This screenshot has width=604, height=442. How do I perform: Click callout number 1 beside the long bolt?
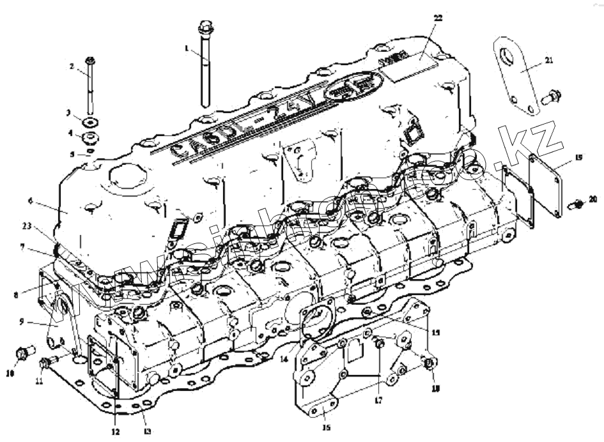pos(186,48)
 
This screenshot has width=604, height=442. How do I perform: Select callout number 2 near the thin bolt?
pos(72,66)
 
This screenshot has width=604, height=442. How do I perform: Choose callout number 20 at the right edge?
pos(594,200)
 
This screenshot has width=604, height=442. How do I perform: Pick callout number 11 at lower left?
pos(39,381)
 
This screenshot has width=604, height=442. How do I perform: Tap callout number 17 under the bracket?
pos(378,400)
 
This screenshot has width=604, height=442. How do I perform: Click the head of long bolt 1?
pos(205,27)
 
